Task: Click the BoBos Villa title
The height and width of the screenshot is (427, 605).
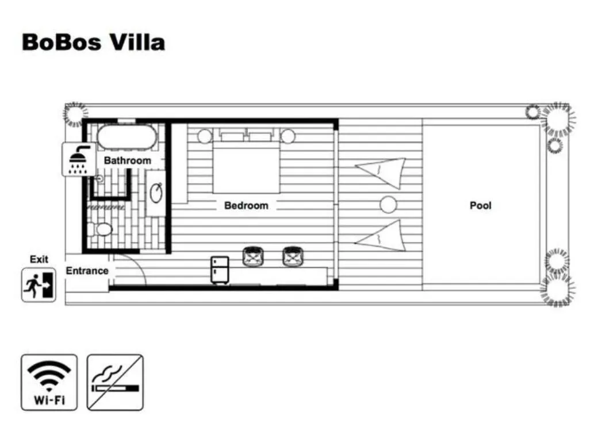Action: point(93,43)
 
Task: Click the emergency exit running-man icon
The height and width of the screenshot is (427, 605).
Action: point(39,284)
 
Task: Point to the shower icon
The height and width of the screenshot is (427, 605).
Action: point(79,159)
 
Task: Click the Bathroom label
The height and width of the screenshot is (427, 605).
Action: point(127,160)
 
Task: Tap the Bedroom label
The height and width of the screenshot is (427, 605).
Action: point(246,205)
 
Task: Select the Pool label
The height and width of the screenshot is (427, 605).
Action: point(480,205)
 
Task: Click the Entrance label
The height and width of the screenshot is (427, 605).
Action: point(87,271)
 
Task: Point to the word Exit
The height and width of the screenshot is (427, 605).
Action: point(39,259)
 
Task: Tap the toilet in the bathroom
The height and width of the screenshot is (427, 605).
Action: point(102,230)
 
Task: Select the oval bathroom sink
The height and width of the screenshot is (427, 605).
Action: point(156,193)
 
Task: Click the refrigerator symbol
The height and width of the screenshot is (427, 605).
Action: point(220,269)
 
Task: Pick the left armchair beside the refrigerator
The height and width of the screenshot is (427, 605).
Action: point(253,257)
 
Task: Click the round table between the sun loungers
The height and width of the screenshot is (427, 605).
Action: point(389,204)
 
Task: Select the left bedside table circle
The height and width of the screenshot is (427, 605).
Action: point(205,136)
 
